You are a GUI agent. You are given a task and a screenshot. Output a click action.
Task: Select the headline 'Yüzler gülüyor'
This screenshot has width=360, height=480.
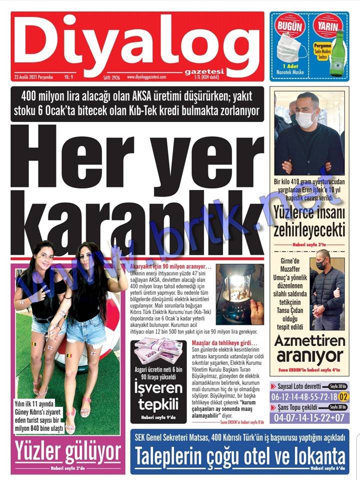pyautogui.click(x=67, y=453)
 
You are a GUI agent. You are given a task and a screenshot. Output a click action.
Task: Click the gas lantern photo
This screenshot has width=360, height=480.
pyautogui.click(x=240, y=295)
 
